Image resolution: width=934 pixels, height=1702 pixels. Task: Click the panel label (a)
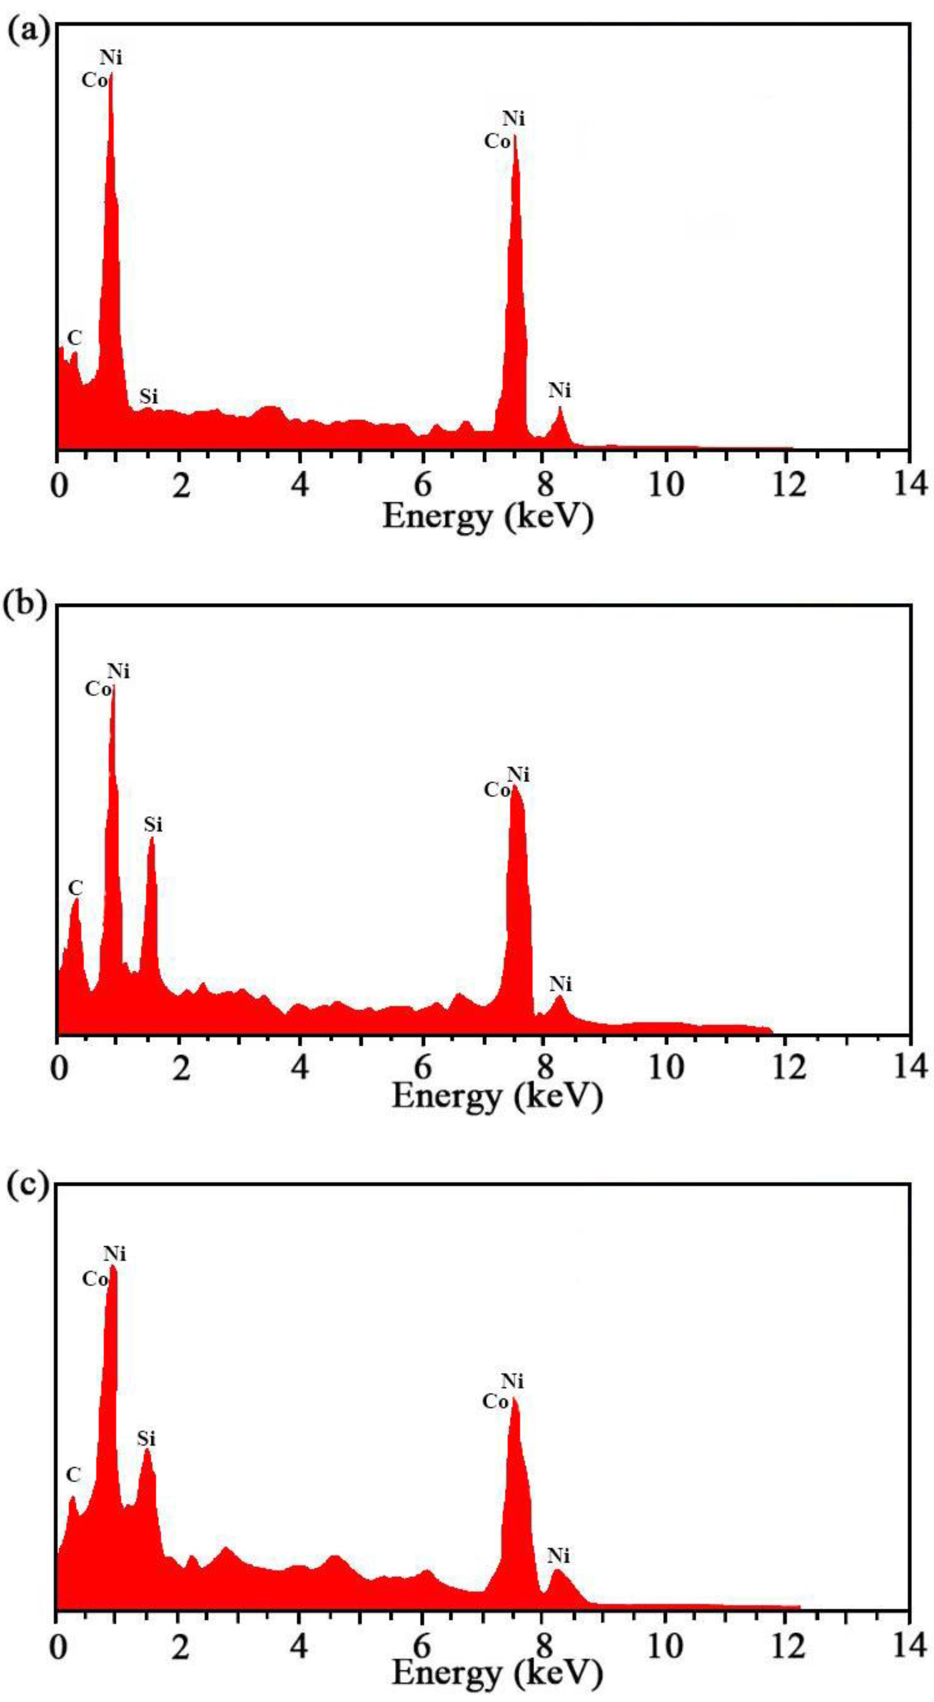pos(28,32)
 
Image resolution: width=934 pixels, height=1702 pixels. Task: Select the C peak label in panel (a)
pos(75,338)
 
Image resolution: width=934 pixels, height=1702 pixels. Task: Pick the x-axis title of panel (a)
pos(487,517)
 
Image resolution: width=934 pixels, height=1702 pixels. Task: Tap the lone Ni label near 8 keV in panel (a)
pos(559,391)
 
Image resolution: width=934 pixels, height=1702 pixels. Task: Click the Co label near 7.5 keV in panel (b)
pos(497,790)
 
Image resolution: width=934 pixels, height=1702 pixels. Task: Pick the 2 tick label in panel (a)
pos(180,486)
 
